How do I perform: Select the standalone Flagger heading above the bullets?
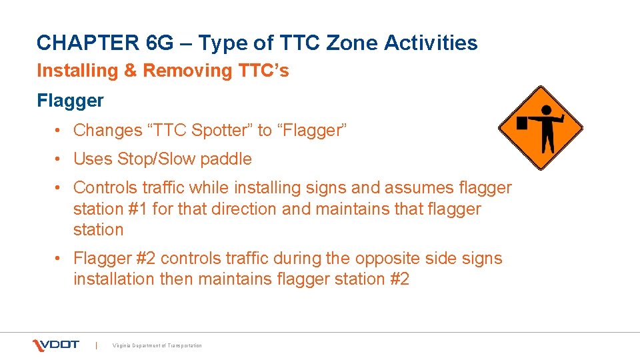pyautogui.click(x=70, y=101)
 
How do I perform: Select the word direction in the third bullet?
pyautogui.click(x=244, y=209)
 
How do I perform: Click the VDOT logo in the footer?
pyautogui.click(x=56, y=345)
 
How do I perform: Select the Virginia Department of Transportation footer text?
pyautogui.click(x=157, y=345)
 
